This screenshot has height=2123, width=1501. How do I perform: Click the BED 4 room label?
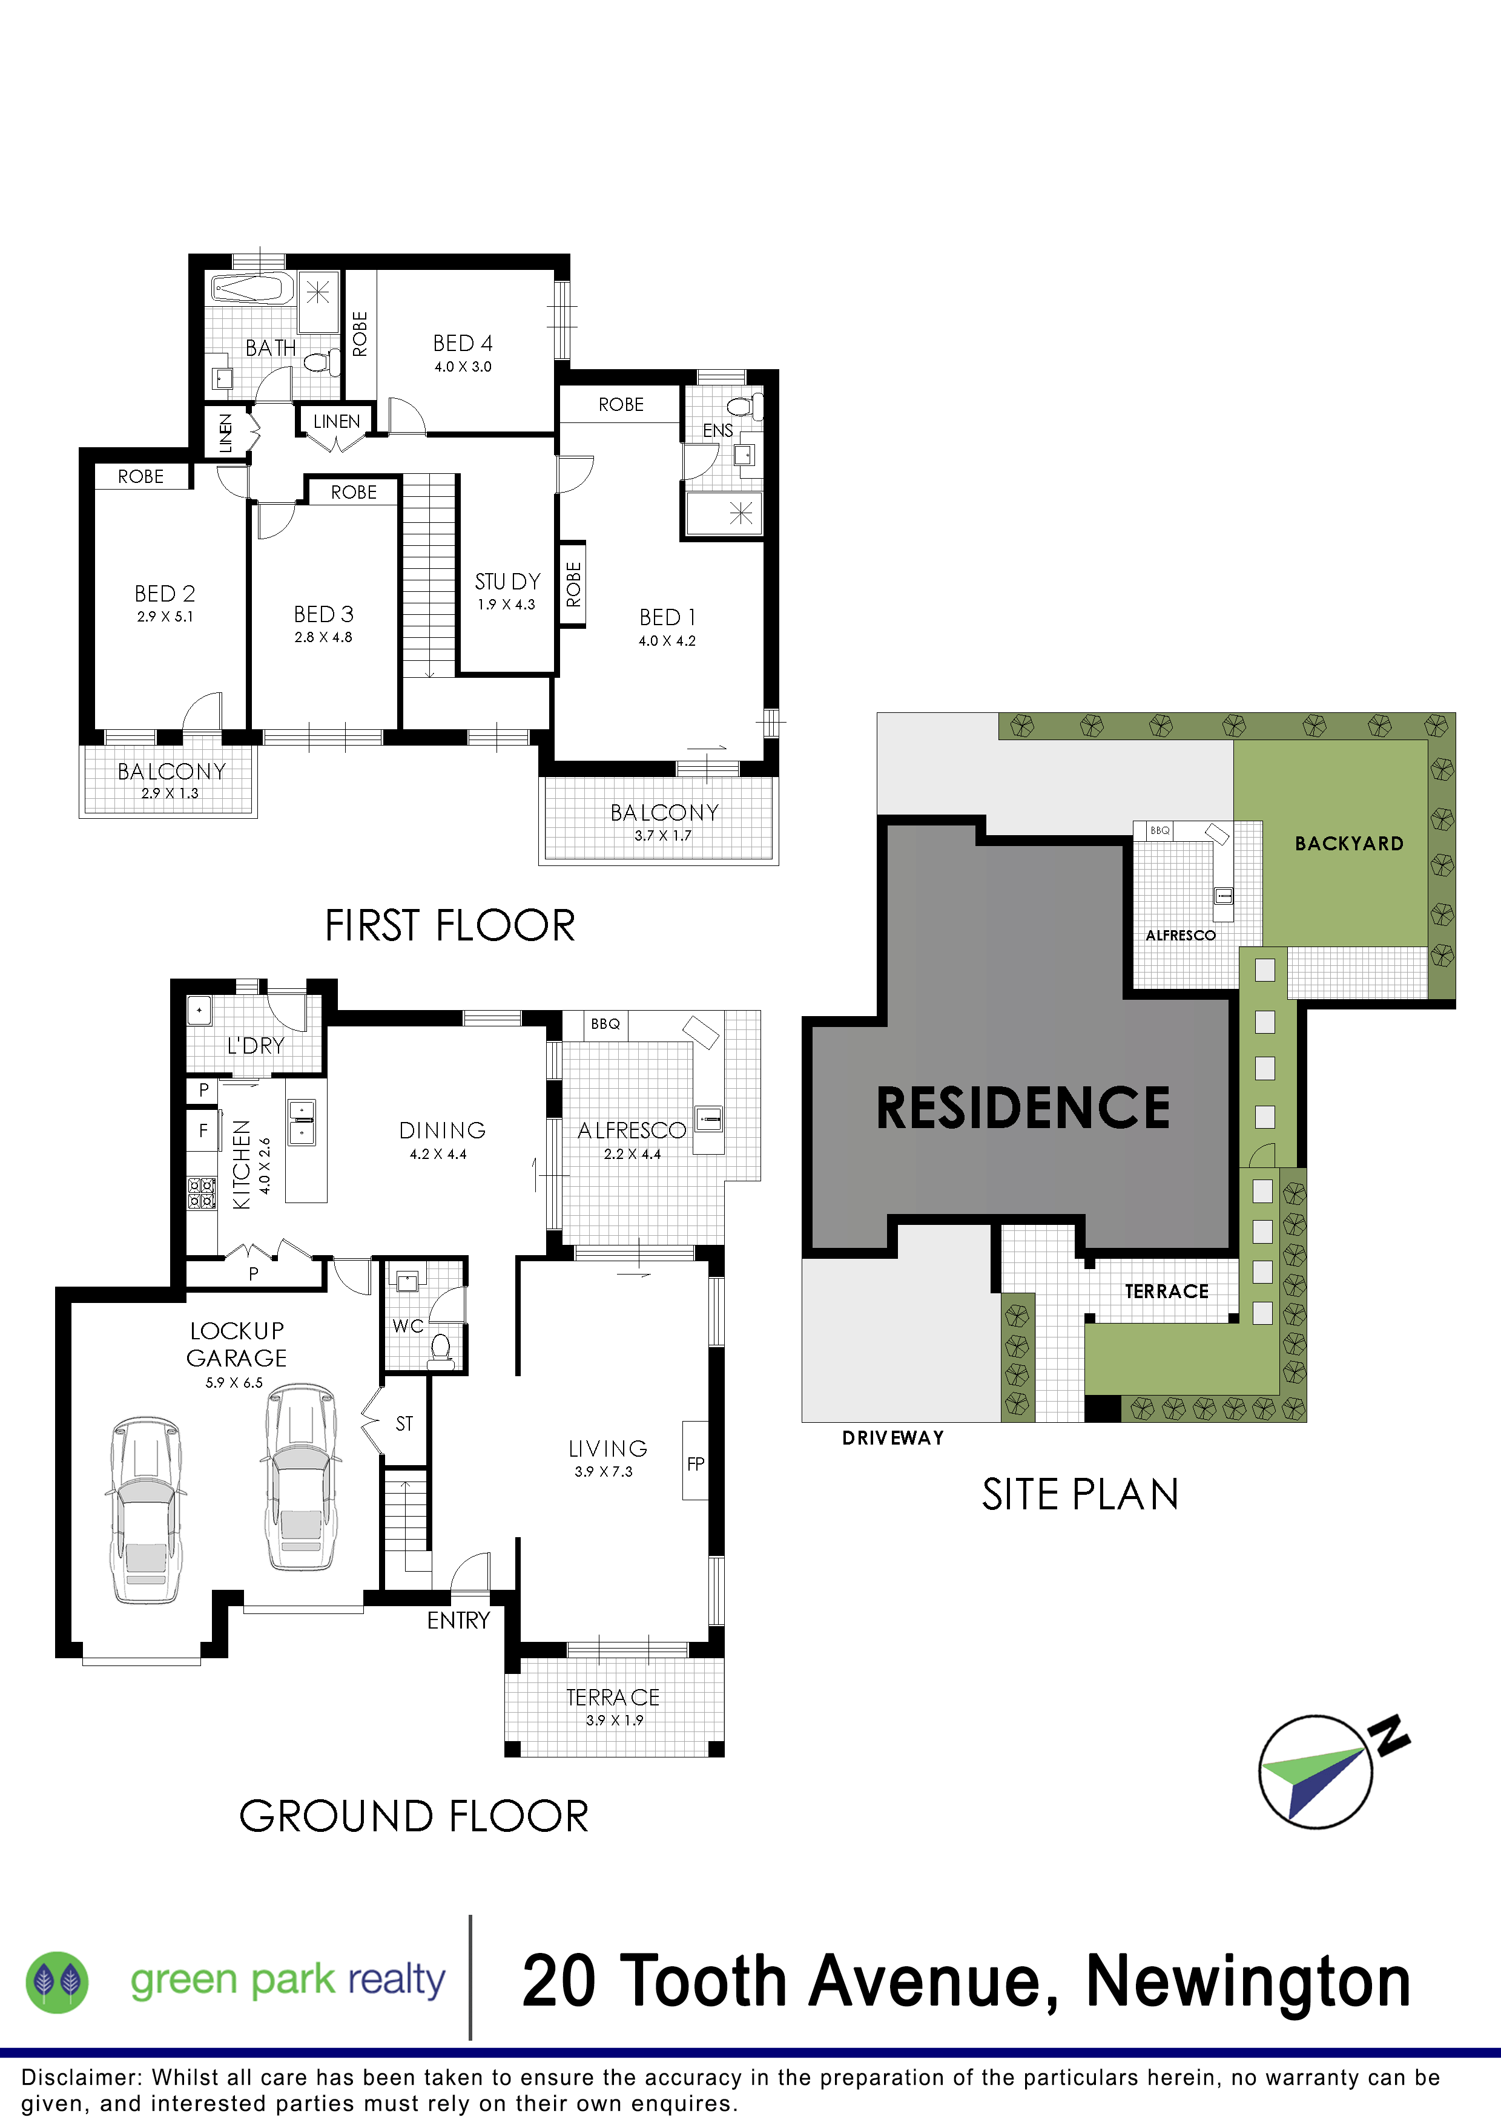click(463, 343)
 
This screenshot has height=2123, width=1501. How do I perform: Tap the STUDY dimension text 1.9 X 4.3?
click(506, 605)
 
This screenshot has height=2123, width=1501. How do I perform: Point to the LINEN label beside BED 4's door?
click(337, 422)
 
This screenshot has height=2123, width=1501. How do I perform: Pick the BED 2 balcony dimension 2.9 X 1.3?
click(170, 793)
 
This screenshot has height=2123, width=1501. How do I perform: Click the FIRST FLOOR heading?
click(450, 925)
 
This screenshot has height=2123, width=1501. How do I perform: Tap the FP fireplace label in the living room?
click(696, 1464)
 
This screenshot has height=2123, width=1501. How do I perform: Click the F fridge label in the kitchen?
click(203, 1130)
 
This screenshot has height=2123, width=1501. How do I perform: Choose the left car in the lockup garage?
click(146, 1508)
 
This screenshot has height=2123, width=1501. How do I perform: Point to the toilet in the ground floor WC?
click(441, 1351)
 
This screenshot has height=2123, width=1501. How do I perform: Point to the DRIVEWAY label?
click(893, 1438)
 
